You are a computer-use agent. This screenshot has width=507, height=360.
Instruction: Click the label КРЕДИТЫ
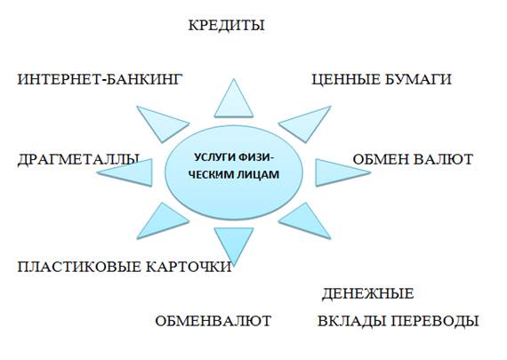(x=226, y=26)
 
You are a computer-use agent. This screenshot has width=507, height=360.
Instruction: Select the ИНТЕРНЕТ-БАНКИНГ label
(x=100, y=79)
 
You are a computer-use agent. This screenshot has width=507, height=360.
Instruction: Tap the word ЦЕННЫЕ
(x=345, y=80)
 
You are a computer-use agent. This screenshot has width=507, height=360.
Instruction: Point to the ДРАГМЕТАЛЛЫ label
(x=78, y=160)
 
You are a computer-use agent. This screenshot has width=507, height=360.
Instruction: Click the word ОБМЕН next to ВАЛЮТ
(x=380, y=159)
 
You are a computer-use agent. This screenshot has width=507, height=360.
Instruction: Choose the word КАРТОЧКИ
(x=189, y=267)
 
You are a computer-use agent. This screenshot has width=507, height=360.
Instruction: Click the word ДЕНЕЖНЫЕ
(x=368, y=293)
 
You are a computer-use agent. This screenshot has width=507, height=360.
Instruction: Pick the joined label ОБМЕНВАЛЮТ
(x=213, y=321)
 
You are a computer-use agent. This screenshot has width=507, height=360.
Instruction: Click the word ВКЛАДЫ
(x=352, y=321)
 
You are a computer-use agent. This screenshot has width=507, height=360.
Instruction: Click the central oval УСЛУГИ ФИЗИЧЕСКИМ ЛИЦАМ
(x=234, y=173)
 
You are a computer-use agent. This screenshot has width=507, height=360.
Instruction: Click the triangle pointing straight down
(x=234, y=242)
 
